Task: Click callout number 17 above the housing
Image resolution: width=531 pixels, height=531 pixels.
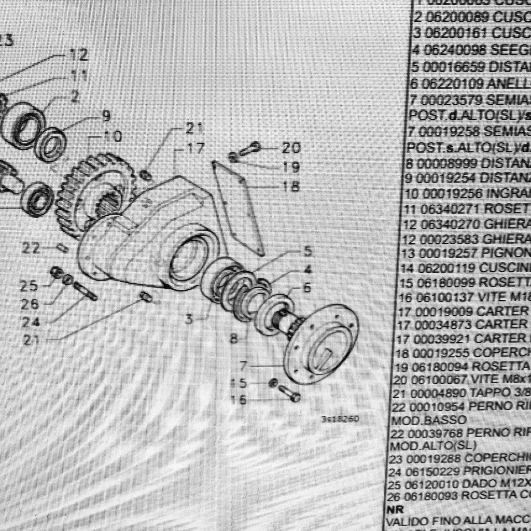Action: (195, 148)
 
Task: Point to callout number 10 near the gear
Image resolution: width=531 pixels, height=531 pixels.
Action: (113, 136)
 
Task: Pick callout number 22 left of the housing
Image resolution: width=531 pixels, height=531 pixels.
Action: (31, 248)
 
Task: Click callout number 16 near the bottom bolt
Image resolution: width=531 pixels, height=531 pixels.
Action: (239, 399)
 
